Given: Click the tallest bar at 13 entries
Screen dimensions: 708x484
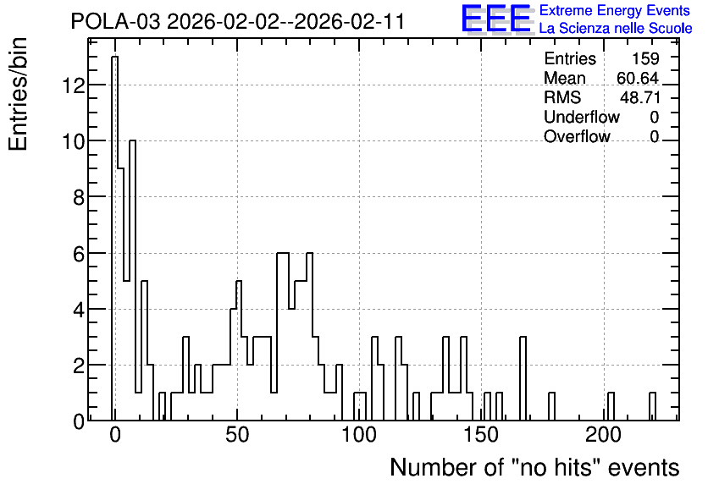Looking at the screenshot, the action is (114, 239).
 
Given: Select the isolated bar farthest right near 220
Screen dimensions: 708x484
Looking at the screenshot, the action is (652, 406).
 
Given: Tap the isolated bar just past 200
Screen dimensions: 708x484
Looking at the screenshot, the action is (611, 406).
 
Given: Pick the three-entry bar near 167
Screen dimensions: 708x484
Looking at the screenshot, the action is (523, 378).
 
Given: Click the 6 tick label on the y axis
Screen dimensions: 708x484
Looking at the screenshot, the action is (79, 254).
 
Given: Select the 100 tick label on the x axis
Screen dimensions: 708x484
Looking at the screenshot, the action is (359, 435).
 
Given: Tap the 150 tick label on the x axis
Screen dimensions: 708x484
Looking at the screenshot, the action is (481, 435).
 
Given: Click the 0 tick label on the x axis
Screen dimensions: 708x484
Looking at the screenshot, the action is (115, 435).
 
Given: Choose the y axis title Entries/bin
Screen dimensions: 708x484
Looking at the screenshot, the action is (18, 94).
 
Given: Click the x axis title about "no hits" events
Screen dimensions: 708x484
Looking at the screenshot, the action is (534, 467).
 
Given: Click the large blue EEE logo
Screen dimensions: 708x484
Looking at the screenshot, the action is (496, 19).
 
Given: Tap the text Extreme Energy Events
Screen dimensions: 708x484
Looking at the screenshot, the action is (615, 10).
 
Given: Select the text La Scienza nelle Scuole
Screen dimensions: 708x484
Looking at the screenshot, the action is (616, 29).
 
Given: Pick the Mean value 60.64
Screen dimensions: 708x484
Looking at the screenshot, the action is (638, 78).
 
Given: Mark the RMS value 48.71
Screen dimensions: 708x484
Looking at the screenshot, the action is (639, 97).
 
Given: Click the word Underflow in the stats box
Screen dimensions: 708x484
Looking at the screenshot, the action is (582, 117).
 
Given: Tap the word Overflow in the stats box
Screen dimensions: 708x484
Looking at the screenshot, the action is (577, 136).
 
